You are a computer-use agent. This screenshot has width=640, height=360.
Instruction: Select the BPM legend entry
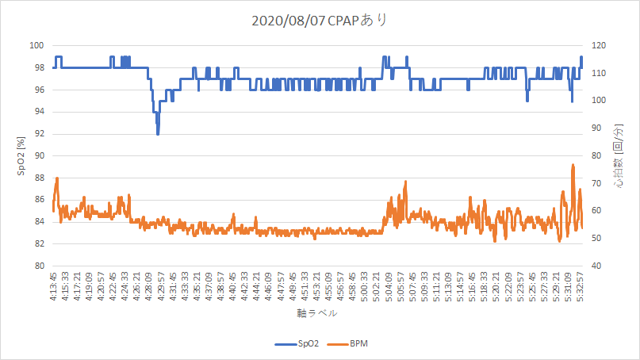354,344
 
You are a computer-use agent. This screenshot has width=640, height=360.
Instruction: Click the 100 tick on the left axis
38,46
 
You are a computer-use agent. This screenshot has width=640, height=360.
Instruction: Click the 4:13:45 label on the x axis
53,285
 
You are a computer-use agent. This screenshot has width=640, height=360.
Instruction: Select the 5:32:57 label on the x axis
581,285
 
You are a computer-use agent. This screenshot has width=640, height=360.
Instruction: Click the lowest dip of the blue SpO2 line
158,134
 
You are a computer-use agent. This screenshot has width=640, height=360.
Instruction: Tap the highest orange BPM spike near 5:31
573,165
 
